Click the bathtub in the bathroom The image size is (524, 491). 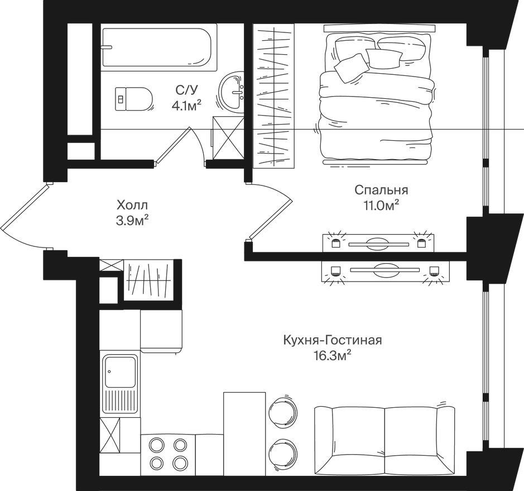[157, 47]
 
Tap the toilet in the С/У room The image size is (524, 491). [134, 99]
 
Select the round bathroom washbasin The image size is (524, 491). [231, 92]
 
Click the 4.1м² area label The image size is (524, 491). [186, 106]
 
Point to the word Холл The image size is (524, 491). [132, 204]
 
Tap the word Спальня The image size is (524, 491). [381, 190]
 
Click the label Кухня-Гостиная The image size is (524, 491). [333, 341]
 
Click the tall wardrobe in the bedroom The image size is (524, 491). [273, 96]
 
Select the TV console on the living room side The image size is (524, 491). [385, 271]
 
